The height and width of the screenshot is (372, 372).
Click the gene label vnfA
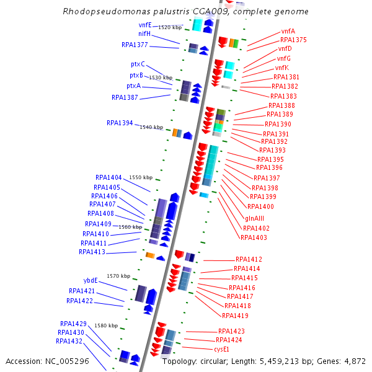[288, 31]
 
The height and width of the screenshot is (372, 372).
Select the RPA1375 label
[293, 40]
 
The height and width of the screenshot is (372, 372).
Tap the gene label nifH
[144, 33]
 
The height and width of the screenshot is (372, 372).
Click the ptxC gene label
[138, 64]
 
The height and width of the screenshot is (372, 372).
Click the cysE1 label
[221, 349]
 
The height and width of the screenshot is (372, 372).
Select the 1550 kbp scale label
[139, 177]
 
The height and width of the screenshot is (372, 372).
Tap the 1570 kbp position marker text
[118, 276]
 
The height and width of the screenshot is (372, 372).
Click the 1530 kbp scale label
[161, 77]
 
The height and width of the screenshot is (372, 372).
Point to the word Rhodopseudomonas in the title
[95, 12]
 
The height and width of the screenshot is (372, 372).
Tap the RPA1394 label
[120, 123]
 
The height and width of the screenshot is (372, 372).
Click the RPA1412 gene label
[249, 259]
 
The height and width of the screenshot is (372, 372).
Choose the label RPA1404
[108, 177]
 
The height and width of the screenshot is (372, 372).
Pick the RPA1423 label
[231, 331]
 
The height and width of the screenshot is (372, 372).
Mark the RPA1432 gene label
[69, 341]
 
